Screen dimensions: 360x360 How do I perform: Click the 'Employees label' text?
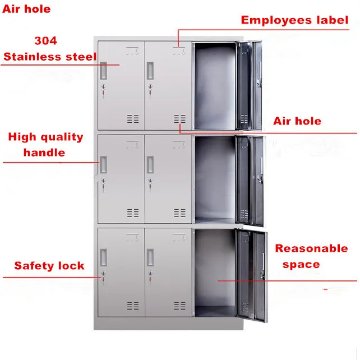(294, 20)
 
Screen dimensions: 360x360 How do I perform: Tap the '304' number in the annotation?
(45, 41)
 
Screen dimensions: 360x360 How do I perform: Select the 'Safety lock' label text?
(49, 266)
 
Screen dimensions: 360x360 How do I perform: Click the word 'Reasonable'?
(311, 248)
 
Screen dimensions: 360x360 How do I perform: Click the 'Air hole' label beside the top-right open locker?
(297, 121)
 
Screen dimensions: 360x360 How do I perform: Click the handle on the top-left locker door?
(103, 71)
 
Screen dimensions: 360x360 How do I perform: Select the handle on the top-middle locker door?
(150, 71)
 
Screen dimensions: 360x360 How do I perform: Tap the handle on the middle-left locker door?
(103, 164)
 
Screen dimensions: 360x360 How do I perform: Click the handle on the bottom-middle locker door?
(150, 257)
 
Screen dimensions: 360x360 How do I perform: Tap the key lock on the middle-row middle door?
(150, 181)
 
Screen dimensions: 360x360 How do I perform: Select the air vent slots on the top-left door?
(132, 119)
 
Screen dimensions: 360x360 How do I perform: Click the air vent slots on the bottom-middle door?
(180, 306)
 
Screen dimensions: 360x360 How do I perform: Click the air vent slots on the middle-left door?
(132, 213)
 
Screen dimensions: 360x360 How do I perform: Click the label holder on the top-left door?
(132, 50)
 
